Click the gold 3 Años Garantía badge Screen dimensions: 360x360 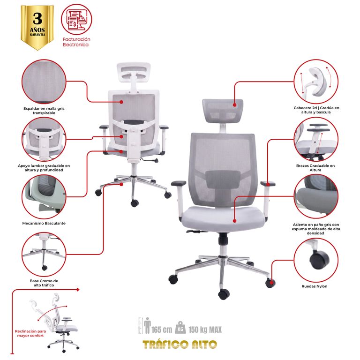click(37, 27)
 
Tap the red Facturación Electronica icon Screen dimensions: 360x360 click(76, 20)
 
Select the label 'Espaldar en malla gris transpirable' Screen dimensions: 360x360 click(44, 111)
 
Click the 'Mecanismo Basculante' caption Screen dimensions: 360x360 click(44, 223)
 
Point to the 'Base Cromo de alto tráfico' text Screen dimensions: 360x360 click(44, 283)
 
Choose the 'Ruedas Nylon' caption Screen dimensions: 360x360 click(315, 286)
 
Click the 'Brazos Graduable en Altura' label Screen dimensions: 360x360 click(315, 168)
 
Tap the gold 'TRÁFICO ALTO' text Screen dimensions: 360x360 click(180, 345)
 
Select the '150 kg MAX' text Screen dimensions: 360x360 click(205, 330)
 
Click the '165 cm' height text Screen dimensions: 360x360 click(162, 330)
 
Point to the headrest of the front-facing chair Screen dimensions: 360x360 click(223, 111)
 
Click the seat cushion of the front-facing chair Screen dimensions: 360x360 click(223, 218)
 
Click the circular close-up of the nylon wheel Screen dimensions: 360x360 click(316, 260)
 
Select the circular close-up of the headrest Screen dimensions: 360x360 click(316, 82)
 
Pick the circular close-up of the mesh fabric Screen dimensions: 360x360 click(44, 82)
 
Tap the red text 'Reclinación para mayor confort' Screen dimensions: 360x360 click(30, 333)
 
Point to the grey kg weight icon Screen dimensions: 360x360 click(180, 328)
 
